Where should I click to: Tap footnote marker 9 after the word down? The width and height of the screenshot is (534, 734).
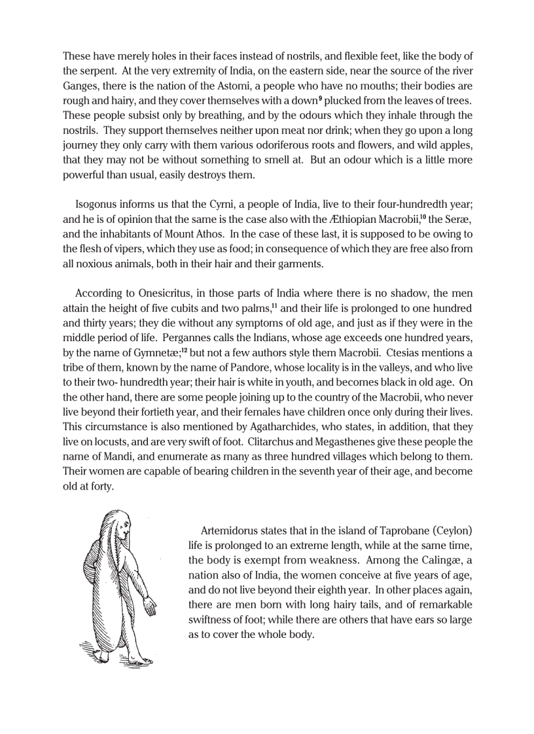pyautogui.click(x=320, y=98)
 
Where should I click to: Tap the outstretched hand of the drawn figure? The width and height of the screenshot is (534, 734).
pyautogui.click(x=151, y=607)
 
